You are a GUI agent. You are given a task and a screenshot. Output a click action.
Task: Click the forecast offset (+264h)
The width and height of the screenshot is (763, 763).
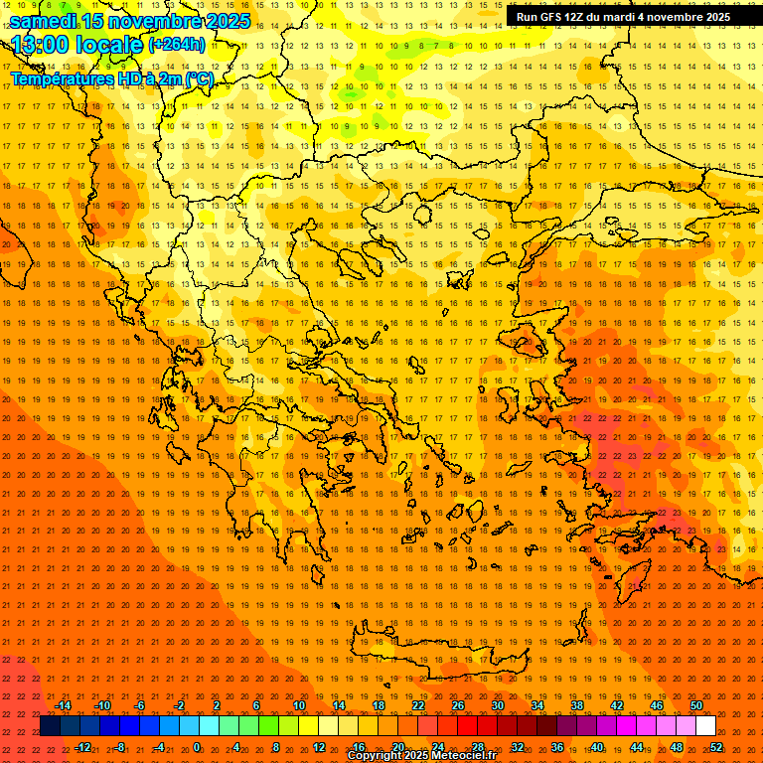pyautogui.click(x=177, y=45)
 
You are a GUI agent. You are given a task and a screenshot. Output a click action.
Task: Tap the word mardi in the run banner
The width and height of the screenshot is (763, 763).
pyautogui.click(x=630, y=17)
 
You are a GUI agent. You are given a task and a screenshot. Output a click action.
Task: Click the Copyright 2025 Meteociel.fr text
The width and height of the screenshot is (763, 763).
pyautogui.click(x=421, y=756)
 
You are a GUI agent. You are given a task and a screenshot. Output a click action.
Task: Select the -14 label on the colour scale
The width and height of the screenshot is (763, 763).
pyautogui.click(x=63, y=705)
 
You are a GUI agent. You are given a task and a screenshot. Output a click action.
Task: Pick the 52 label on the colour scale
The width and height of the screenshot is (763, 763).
pyautogui.click(x=716, y=747)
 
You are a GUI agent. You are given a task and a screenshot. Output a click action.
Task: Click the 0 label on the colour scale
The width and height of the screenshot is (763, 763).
pyautogui.click(x=197, y=747)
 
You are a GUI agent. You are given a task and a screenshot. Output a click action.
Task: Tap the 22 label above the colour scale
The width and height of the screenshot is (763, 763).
pyautogui.click(x=418, y=705)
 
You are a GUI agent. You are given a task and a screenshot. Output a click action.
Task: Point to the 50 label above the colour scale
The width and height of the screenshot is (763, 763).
pyautogui.click(x=696, y=705)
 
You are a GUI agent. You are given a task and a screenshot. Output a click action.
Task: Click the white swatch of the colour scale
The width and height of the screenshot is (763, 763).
pyautogui.click(x=706, y=726)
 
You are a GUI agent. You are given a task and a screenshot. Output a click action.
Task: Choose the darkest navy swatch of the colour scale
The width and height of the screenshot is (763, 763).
pyautogui.click(x=50, y=726)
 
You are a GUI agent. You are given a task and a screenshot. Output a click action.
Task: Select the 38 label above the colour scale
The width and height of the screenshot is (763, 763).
pyautogui.click(x=577, y=705)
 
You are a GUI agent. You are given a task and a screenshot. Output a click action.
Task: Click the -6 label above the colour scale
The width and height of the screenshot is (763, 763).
pyautogui.click(x=139, y=705)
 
